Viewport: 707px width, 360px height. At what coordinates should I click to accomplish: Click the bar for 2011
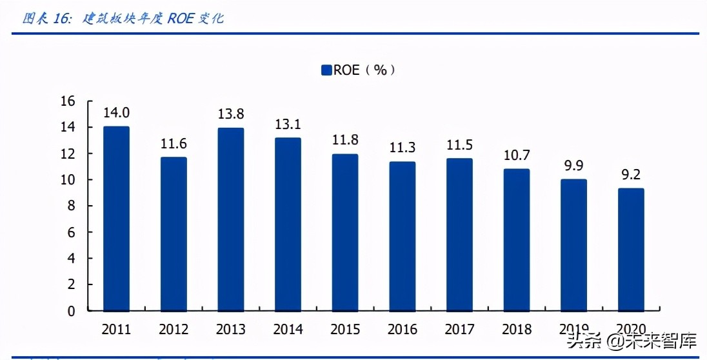tap(116, 218)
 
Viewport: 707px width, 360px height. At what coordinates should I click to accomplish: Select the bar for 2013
tap(230, 219)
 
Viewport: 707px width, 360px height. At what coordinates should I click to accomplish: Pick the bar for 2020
tap(630, 249)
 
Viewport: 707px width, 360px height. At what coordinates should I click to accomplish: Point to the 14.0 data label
tap(116, 112)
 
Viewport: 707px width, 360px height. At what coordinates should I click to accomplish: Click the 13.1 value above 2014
tap(288, 124)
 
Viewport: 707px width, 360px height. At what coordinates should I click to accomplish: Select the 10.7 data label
tap(516, 155)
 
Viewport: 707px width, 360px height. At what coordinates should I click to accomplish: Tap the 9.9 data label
tap(573, 166)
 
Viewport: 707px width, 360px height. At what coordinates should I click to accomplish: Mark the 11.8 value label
tap(345, 140)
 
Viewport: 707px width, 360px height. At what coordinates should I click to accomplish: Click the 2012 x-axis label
tap(174, 330)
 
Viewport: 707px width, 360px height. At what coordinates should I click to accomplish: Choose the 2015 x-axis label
tap(345, 330)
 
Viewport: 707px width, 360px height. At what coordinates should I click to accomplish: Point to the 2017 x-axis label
tap(459, 330)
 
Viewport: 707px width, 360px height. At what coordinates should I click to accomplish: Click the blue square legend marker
tap(326, 70)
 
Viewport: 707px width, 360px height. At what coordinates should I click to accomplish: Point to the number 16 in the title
tap(62, 19)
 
